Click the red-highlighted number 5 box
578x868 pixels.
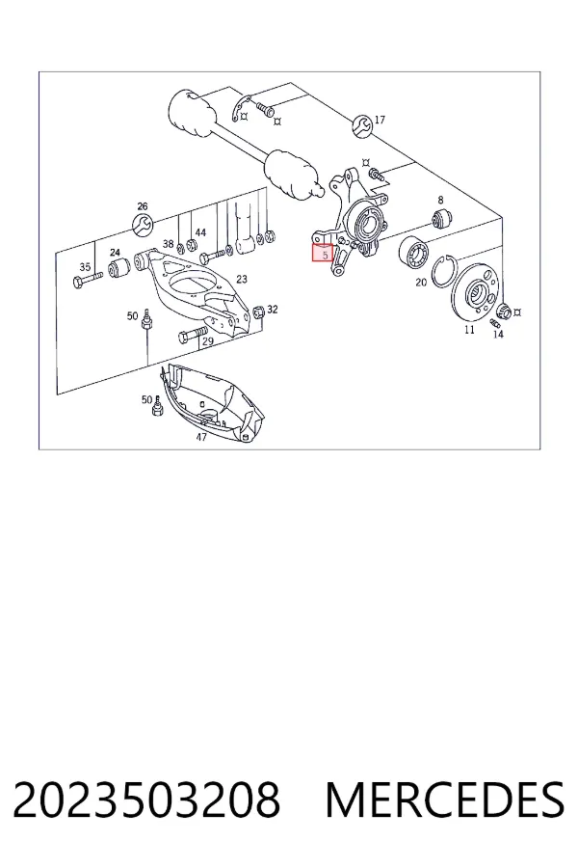(323, 253)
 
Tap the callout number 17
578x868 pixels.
(380, 120)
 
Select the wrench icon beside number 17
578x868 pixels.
(362, 125)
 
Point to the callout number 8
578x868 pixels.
(440, 200)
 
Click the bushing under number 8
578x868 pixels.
(442, 218)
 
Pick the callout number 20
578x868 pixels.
(421, 283)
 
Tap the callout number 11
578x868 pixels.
(469, 330)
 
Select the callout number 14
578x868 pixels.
(498, 334)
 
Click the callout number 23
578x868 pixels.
(242, 279)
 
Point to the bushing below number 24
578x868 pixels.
(118, 268)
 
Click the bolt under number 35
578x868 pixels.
(88, 279)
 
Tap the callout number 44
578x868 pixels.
(200, 232)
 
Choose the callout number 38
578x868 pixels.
(169, 244)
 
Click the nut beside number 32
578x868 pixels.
(257, 312)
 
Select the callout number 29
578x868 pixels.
(207, 341)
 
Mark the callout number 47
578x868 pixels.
(201, 437)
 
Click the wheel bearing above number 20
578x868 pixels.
(414, 252)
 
